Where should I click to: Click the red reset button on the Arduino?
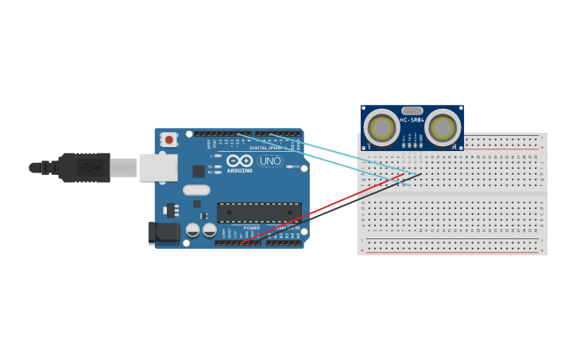point(168,140)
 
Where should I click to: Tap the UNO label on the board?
point(270,161)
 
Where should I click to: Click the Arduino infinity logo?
point(239,161)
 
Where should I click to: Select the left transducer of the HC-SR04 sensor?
point(382,127)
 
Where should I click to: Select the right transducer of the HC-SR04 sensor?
point(443,127)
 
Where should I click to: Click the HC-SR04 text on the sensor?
point(412,120)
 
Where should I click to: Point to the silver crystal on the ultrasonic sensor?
point(412,110)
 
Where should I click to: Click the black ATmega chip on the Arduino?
point(259,213)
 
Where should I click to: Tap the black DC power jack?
point(164,232)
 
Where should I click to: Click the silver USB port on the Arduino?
point(158,168)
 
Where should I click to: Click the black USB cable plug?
point(83,168)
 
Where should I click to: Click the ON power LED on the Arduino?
point(288,167)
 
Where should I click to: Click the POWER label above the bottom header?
point(252,228)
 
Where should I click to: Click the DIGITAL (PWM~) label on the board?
point(265,148)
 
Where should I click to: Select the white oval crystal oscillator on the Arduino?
point(196,190)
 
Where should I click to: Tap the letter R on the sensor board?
point(454,146)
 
